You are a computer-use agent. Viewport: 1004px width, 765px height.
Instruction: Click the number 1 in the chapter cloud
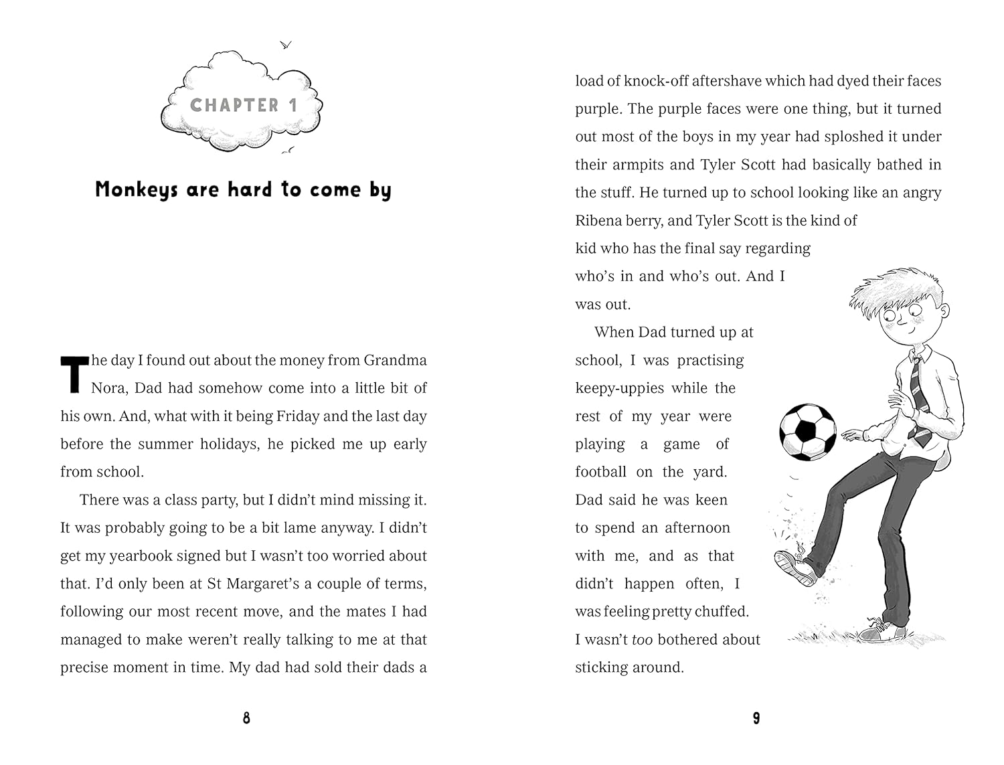292,105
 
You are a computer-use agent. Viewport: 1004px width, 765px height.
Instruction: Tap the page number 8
246,718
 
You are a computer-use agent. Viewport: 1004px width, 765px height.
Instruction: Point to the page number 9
756,718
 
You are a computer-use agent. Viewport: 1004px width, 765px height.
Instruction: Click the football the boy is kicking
808,432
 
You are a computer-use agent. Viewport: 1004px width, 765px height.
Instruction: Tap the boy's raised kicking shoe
794,567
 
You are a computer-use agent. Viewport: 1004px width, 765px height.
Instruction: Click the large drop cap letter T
74,374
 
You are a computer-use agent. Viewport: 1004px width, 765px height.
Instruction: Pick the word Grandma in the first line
395,360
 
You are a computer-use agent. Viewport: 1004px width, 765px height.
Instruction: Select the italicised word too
642,640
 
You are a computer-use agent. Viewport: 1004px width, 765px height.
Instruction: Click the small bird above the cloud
286,45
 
